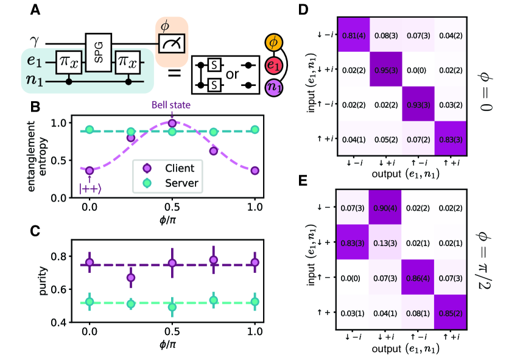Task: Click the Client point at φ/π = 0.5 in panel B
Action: click(172, 124)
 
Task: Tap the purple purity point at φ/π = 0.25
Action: click(131, 278)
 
